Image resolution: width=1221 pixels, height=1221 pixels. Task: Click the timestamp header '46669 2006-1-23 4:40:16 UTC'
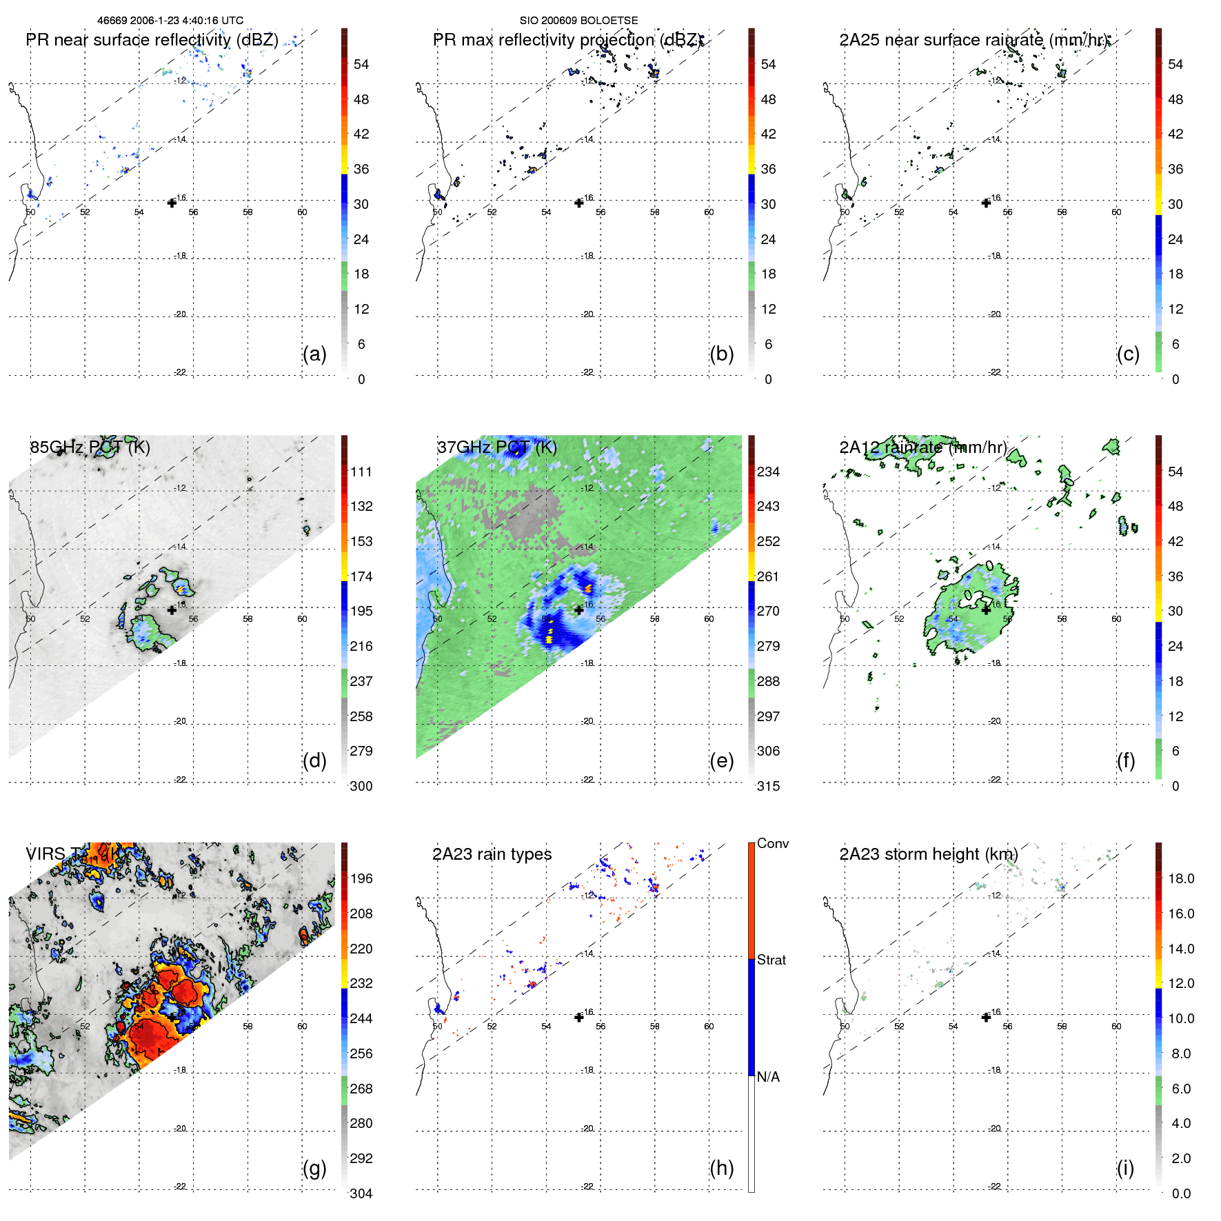[x=170, y=21]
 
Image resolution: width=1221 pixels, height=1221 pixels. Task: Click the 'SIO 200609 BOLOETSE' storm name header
[x=578, y=21]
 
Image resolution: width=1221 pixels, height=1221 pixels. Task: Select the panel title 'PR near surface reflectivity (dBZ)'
[x=152, y=40]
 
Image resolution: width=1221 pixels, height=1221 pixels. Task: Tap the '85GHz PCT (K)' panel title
[x=90, y=447]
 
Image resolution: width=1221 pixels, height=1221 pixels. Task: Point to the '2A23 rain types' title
[x=492, y=854]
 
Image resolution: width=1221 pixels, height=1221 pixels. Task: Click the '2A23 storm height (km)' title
[x=928, y=854]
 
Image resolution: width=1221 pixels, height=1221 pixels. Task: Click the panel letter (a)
[x=314, y=354]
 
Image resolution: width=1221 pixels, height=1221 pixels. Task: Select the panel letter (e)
[x=721, y=760]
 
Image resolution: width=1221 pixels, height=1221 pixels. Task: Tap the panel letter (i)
[x=1125, y=1168]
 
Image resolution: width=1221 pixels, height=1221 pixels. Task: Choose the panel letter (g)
[x=314, y=1168]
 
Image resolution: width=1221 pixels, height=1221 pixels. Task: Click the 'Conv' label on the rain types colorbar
[x=773, y=843]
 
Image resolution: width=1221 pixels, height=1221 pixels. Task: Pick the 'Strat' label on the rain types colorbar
[x=771, y=960]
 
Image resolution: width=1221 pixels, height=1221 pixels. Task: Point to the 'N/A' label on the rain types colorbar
[x=768, y=1077]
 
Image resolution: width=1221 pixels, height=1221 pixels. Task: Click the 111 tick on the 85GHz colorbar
[x=361, y=472]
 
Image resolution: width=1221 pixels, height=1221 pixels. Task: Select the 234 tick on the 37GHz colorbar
[x=768, y=472]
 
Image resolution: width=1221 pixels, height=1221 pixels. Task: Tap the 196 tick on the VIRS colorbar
[x=361, y=878]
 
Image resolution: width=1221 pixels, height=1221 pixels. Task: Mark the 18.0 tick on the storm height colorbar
[x=1181, y=878]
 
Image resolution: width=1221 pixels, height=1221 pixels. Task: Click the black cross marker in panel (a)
[x=172, y=203]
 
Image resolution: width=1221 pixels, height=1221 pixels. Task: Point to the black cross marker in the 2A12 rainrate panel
[x=986, y=610]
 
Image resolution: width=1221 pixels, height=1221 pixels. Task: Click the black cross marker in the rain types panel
[x=579, y=1017]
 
